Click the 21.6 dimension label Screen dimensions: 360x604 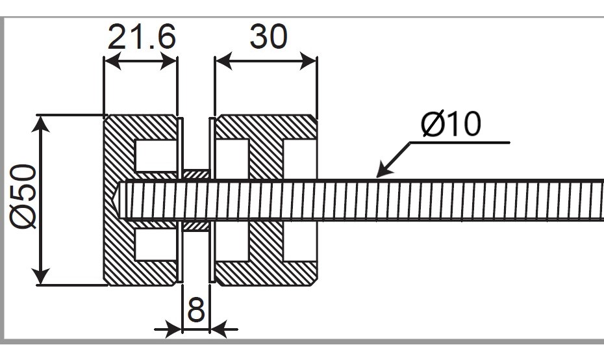(x=141, y=37)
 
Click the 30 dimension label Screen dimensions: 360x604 (x=268, y=37)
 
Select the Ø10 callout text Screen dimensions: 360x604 (x=451, y=123)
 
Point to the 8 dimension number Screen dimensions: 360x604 (x=195, y=311)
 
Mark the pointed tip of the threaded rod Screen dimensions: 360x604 (x=115, y=199)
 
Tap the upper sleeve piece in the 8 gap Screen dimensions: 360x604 (x=195, y=174)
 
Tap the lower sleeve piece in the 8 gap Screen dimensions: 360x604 (x=195, y=225)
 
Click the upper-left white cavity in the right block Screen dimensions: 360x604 (x=232, y=155)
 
